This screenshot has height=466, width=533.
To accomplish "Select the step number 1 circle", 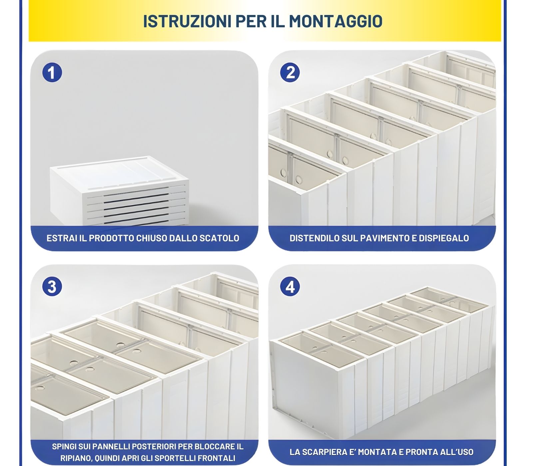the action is [x=52, y=73].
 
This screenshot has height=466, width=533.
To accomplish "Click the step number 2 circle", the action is [x=290, y=73].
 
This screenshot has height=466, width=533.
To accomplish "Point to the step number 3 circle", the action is [x=52, y=287].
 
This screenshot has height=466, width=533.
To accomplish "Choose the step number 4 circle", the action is [x=290, y=287].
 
